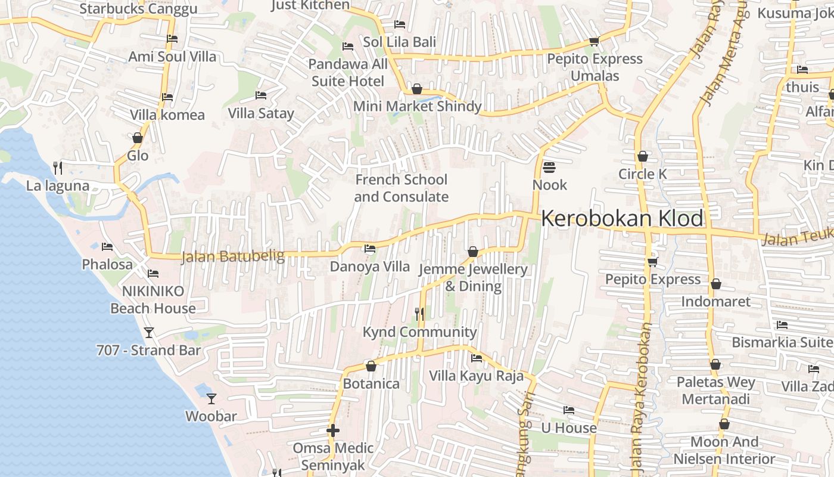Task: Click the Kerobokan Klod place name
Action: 622,218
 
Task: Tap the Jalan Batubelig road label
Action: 232,256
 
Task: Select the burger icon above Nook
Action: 549,167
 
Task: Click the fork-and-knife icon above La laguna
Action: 58,168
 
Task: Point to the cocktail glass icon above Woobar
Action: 211,398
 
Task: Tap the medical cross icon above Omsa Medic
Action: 333,430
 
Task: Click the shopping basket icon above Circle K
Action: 642,156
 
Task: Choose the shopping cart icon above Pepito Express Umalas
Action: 593,41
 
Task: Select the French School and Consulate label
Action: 401,188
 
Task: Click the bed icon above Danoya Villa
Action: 370,248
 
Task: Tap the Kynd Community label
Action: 420,332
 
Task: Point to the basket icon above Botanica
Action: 371,366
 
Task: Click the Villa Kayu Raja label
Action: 477,376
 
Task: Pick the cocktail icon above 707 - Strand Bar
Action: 149,332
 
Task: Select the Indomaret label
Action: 715,301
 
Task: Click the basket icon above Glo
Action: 138,138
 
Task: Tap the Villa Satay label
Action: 261,113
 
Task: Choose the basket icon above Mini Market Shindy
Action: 417,89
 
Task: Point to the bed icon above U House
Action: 569,410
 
